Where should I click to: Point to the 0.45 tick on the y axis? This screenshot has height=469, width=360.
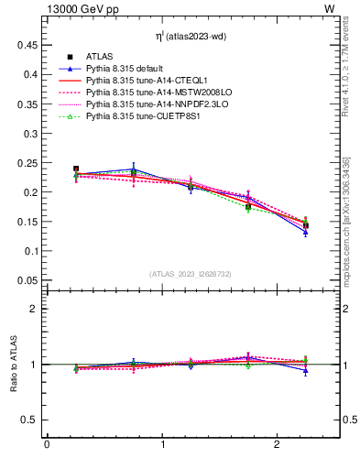27,44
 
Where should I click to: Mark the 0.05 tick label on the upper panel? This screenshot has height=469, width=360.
27,280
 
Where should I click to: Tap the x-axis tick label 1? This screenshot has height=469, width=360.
162,445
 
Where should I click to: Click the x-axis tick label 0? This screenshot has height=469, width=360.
47,445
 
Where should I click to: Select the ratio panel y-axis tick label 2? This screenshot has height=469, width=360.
33,309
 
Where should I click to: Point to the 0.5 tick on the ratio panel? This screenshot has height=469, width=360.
29,420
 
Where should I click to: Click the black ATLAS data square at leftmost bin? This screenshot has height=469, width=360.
76,169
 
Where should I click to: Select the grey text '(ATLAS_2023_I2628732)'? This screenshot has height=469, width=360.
191,274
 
